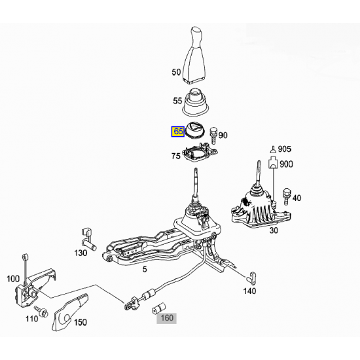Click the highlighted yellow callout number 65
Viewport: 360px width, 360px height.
[178, 132]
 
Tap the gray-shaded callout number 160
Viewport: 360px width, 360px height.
[167, 318]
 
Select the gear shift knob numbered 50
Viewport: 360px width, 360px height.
[194, 54]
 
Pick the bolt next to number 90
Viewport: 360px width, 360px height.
[213, 136]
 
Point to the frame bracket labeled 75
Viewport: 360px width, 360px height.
[200, 153]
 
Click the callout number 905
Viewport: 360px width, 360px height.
[285, 149]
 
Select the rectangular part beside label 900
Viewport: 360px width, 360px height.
[273, 162]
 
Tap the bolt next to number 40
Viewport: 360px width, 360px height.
[287, 196]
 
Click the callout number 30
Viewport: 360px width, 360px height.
[274, 230]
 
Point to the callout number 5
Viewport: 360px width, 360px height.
[145, 269]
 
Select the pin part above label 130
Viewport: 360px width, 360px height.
[88, 240]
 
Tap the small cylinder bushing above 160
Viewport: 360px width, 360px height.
[158, 308]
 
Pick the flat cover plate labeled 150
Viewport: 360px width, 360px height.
[69, 312]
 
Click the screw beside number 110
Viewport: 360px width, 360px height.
[41, 311]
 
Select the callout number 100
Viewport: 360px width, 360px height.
[13, 279]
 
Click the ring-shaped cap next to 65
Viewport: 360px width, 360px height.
[194, 130]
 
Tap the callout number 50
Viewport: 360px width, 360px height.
[176, 72]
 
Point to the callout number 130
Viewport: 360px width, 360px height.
[81, 253]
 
